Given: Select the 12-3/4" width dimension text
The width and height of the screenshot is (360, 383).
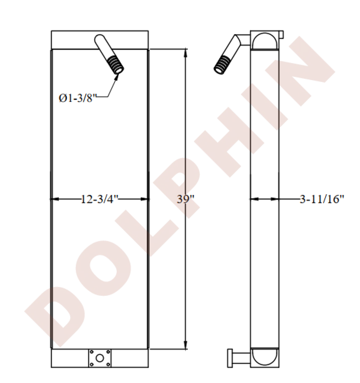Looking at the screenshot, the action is (x=99, y=199).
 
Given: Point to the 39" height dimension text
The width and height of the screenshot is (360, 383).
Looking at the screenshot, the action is (x=185, y=199).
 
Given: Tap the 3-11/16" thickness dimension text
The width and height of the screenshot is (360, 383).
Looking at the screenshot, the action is (x=322, y=199).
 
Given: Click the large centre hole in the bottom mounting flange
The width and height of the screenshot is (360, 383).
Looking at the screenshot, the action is (x=99, y=358).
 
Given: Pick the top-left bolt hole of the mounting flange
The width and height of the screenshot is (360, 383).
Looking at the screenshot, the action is (x=91, y=352).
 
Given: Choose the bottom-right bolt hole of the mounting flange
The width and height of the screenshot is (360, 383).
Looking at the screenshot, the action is (x=108, y=365).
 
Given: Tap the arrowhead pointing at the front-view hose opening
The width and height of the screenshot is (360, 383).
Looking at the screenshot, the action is (x=117, y=76).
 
